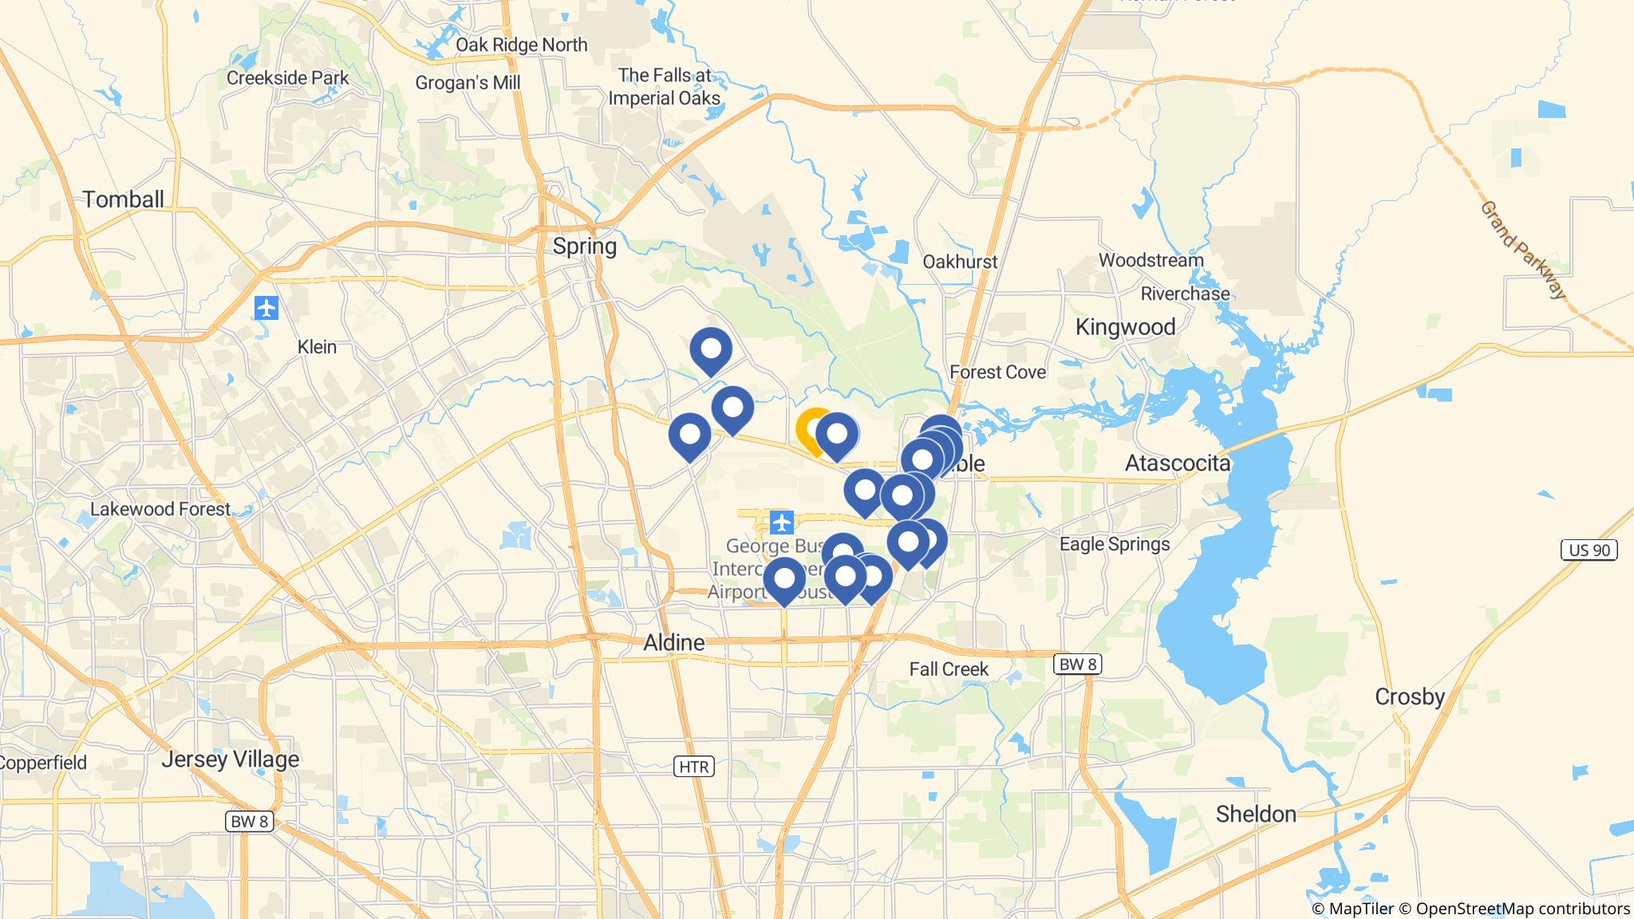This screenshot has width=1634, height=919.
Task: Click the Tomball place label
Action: tap(124, 199)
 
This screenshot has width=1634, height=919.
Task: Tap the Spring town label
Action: tap(585, 247)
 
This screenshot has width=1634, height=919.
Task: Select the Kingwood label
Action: tap(1125, 327)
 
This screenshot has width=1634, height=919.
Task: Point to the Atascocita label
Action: tap(1178, 463)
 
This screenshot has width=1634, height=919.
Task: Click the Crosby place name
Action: tap(1410, 696)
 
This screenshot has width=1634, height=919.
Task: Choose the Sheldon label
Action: tap(1256, 814)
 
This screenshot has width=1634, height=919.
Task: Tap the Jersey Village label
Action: tap(230, 759)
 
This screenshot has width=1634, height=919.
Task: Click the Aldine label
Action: tap(674, 642)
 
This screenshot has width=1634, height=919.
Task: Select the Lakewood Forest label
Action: tap(160, 509)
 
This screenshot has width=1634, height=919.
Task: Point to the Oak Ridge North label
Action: tap(521, 45)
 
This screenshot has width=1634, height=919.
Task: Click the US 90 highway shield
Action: tap(1589, 550)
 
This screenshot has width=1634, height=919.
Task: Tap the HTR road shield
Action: tap(693, 767)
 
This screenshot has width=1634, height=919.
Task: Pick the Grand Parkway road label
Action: tap(1523, 250)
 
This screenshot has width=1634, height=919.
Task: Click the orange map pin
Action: tap(812, 428)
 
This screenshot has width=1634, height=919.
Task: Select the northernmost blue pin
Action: tap(710, 349)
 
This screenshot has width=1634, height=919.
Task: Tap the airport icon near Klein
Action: tap(266, 307)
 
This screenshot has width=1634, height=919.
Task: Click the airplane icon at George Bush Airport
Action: tap(781, 523)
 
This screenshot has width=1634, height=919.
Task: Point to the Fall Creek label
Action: tap(949, 669)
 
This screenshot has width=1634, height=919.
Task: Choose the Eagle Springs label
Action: tap(1114, 544)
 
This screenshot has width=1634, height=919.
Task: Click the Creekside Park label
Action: tap(287, 78)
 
